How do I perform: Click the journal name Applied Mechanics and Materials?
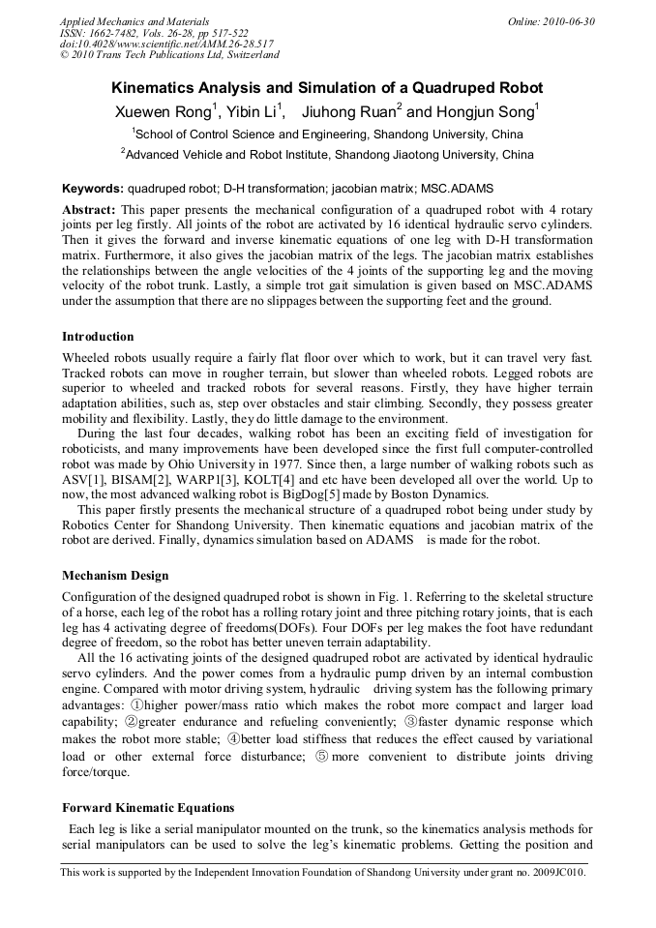pyautogui.click(x=134, y=21)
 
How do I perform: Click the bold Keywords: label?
pyautogui.click(x=93, y=188)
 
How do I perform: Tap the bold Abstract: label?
pyautogui.click(x=89, y=210)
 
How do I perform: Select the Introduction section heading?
pyautogui.click(x=98, y=337)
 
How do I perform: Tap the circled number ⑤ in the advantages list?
pyautogui.click(x=322, y=757)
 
